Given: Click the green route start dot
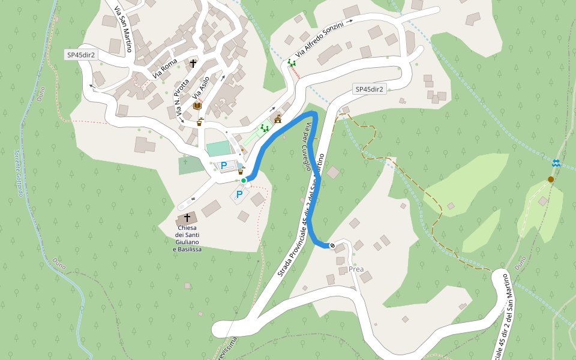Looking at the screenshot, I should click(x=244, y=180).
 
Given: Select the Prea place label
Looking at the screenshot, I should click(x=356, y=269).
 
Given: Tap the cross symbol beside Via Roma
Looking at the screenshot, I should click(x=194, y=62).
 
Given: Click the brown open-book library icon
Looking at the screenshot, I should click(x=197, y=106).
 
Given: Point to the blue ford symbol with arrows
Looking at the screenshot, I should click(x=556, y=163).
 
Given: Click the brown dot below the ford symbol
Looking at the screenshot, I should click(x=551, y=179).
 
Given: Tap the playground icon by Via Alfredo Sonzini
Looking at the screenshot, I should click(x=291, y=62).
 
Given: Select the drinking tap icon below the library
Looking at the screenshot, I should click(x=200, y=121).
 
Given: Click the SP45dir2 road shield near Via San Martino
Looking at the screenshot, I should click(x=81, y=55).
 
